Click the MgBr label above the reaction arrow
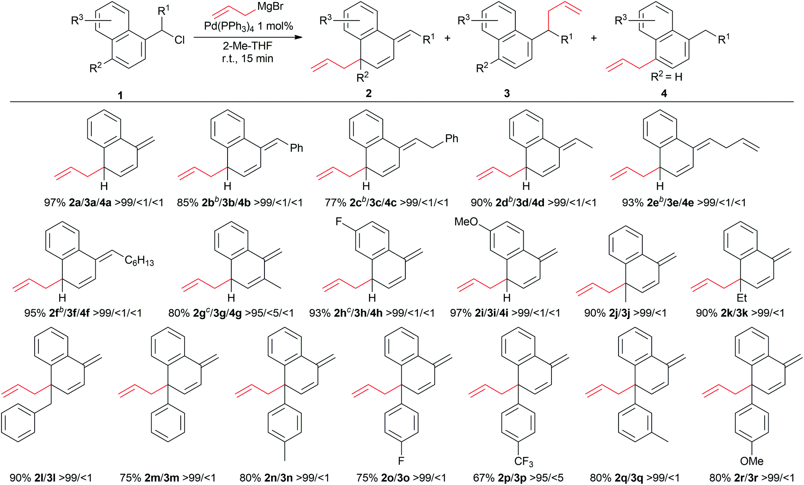(x=270, y=7)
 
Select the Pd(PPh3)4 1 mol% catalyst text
(x=249, y=26)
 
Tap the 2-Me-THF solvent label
(x=247, y=46)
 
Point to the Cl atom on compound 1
(x=179, y=40)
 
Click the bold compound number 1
(x=120, y=95)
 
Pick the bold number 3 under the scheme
(x=507, y=94)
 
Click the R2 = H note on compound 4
(x=667, y=77)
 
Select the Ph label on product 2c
(x=452, y=138)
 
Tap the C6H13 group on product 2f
(x=139, y=261)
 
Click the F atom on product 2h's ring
(x=339, y=221)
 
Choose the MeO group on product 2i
(x=466, y=221)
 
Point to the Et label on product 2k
(x=742, y=297)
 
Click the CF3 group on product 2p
(x=523, y=462)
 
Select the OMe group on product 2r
(x=752, y=461)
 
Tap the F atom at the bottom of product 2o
(x=401, y=461)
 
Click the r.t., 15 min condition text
(x=248, y=59)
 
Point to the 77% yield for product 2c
(x=335, y=203)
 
